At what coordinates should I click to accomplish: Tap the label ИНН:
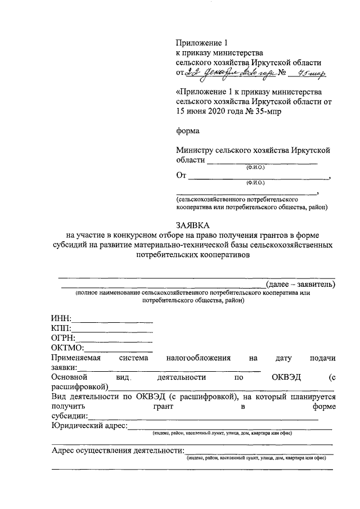coord(60,318)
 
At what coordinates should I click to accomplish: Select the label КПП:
coord(61,328)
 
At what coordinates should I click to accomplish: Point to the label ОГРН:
coord(63,339)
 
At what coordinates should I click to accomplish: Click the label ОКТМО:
coord(67,349)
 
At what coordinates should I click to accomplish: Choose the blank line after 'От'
coord(259,178)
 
